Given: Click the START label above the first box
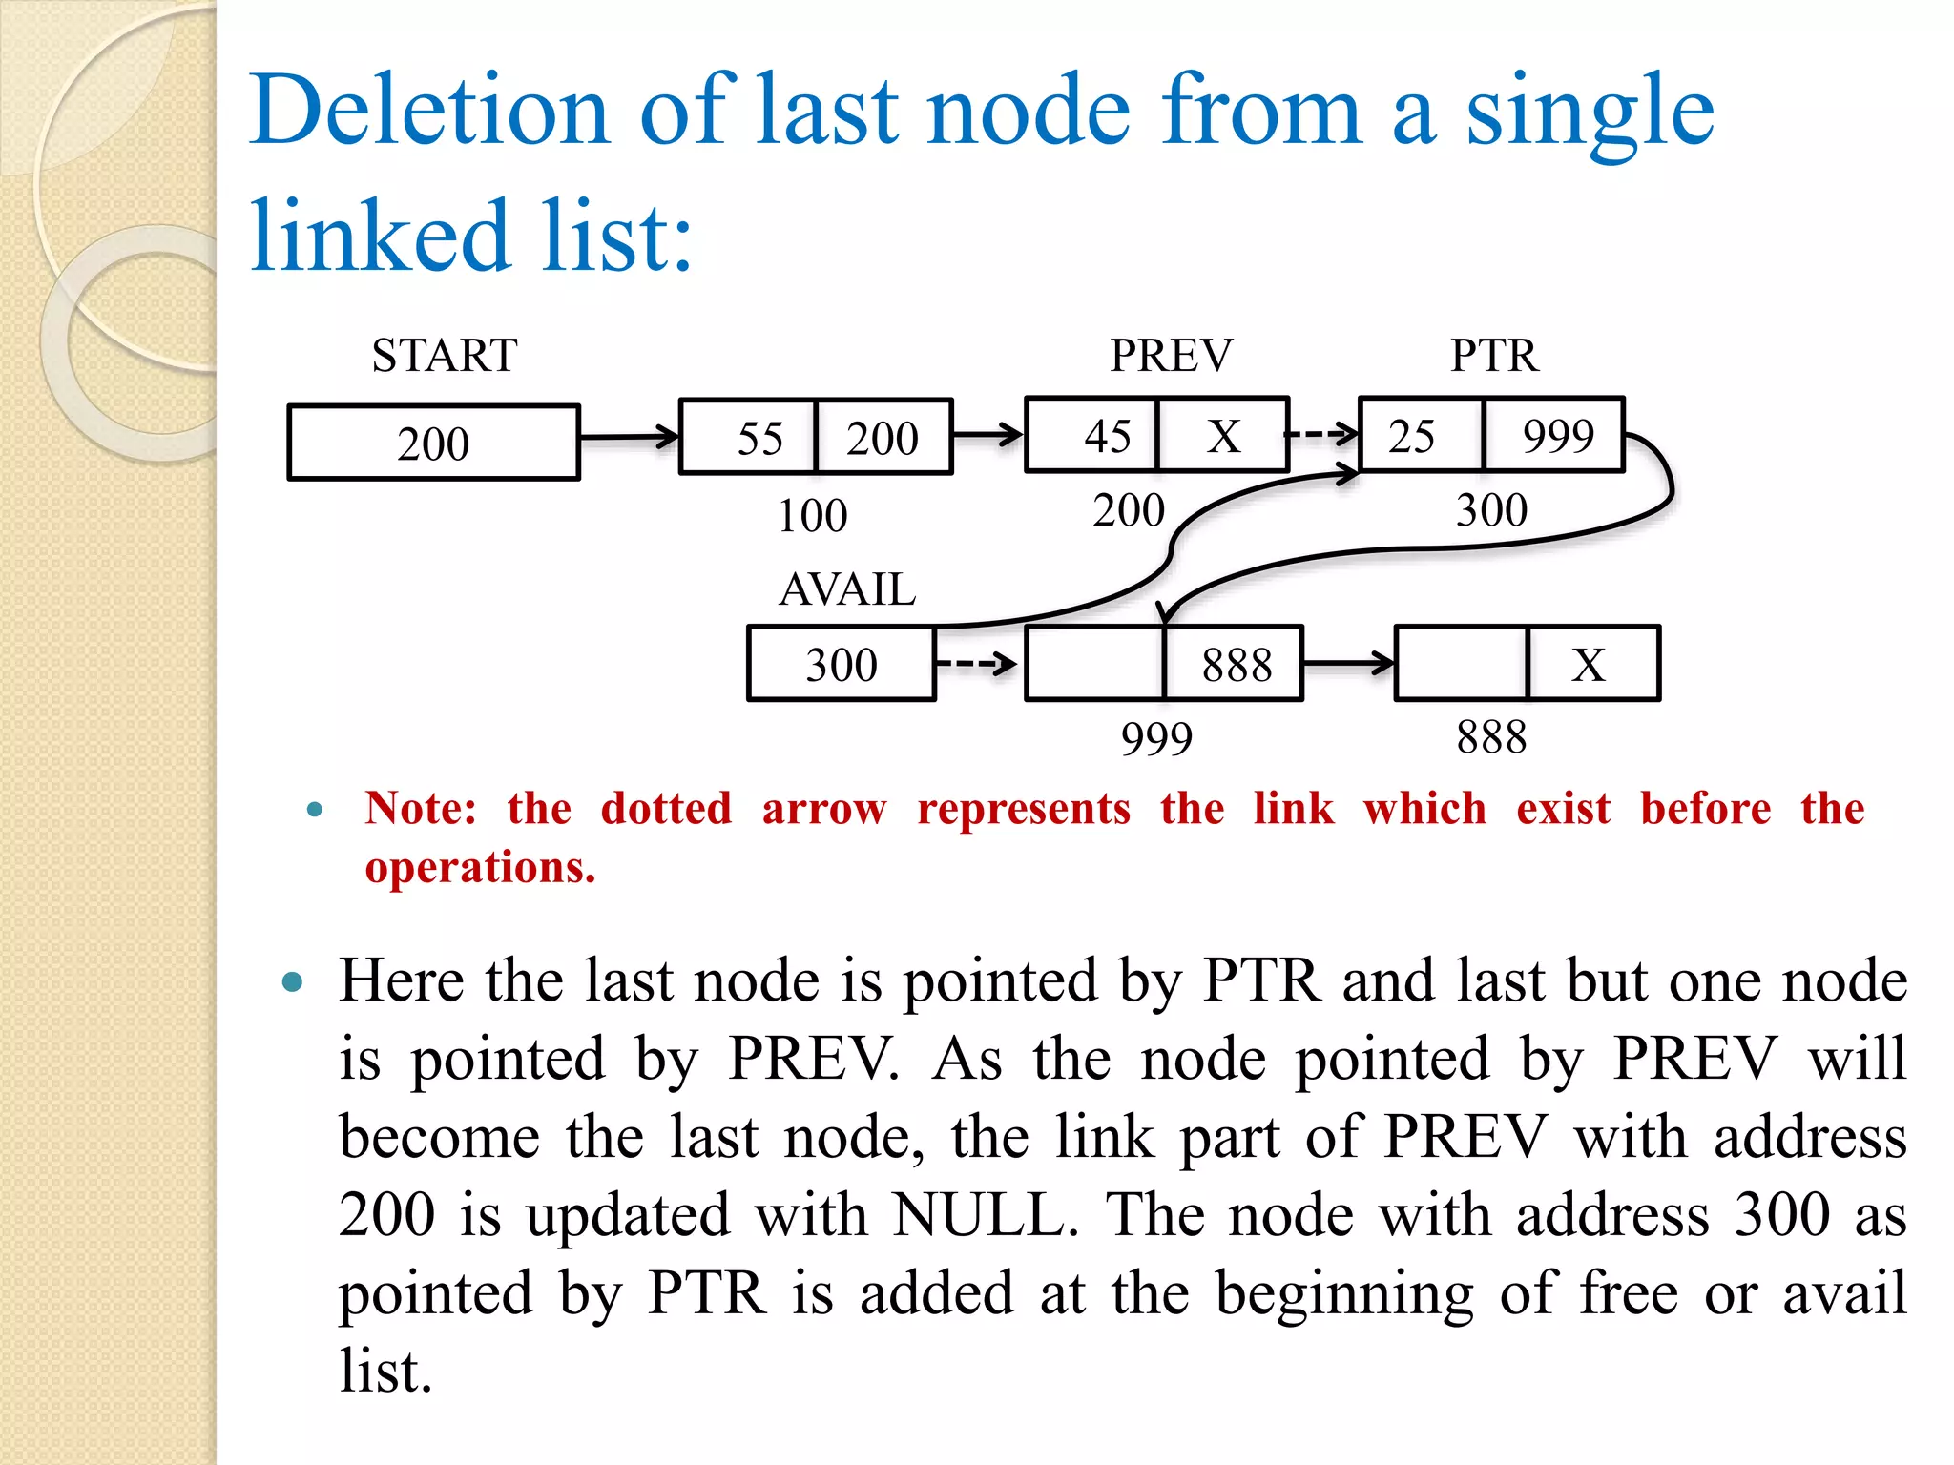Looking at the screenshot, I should coord(445,356).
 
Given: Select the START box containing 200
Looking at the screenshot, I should coord(434,443).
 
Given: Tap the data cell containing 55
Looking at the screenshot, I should coord(749,438).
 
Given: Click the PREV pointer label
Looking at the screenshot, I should coord(1171,356).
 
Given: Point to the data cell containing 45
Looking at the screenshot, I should coord(1092,436).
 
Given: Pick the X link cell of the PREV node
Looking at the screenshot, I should coord(1223,436).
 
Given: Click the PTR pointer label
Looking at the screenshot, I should coord(1494,356).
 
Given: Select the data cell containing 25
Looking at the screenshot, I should coord(1421,436).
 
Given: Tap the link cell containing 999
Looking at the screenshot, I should coord(1555,436).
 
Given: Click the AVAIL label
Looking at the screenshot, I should coord(847,589).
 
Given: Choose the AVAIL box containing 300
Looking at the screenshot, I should coord(842,664).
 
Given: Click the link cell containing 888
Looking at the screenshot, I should coord(1235,664).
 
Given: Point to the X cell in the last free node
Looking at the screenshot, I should coord(1591,664).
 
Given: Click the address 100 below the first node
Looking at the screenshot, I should coord(813,516).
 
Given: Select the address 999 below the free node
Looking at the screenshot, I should coord(1156,739).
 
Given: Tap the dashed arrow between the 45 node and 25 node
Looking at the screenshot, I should coord(1323,434).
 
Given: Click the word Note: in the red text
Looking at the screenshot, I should coord(421,809).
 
